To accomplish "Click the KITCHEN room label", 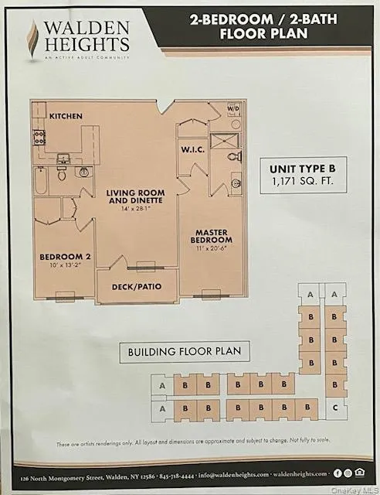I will click(66, 115).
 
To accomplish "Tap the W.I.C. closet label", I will click(192, 149).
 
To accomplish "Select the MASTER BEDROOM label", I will click(213, 236).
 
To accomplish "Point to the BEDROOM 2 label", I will click(59, 258).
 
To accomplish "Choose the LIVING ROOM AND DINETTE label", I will click(132, 195).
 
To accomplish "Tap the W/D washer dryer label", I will click(234, 109).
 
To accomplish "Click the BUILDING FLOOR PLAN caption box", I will click(184, 351).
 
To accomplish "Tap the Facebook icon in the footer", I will click(338, 473).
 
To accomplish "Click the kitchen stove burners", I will click(39, 138).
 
